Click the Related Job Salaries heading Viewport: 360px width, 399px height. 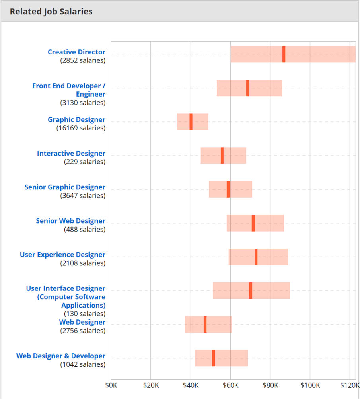[x=51, y=12]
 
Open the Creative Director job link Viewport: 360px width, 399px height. [x=76, y=52]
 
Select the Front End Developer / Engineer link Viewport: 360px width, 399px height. [x=69, y=90]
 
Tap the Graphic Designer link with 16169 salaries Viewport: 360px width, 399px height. [x=76, y=120]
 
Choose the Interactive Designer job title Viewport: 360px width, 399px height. [x=71, y=154]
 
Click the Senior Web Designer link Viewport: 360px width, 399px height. [x=70, y=221]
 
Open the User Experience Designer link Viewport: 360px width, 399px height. [x=62, y=255]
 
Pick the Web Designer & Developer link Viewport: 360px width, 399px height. [x=61, y=356]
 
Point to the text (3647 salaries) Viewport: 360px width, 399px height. [x=83, y=196]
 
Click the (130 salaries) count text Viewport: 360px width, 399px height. [x=85, y=314]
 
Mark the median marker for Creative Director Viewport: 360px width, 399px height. [x=284, y=54]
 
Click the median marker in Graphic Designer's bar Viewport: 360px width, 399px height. [x=191, y=122]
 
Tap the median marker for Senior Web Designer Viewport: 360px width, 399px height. [x=253, y=223]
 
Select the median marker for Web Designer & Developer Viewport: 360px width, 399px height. [x=213, y=358]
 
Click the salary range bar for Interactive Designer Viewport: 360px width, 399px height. [x=235, y=156]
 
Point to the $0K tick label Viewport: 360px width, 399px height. [x=111, y=385]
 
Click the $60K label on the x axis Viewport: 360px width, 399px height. [x=230, y=385]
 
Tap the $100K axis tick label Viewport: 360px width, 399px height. [x=310, y=385]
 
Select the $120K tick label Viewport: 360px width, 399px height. [x=350, y=385]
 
